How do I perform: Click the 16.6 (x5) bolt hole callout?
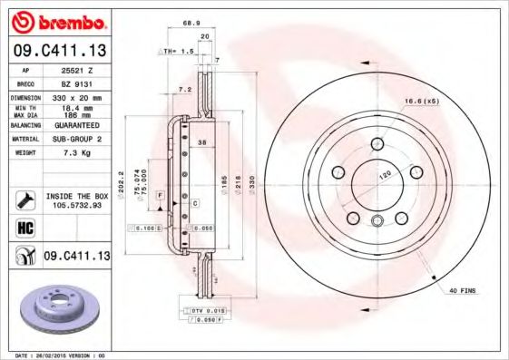pyautogui.click(x=421, y=102)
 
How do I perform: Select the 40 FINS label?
pyautogui.click(x=462, y=289)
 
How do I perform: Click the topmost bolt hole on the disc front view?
pyautogui.click(x=377, y=141)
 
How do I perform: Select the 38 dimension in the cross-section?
pyautogui.click(x=203, y=143)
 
